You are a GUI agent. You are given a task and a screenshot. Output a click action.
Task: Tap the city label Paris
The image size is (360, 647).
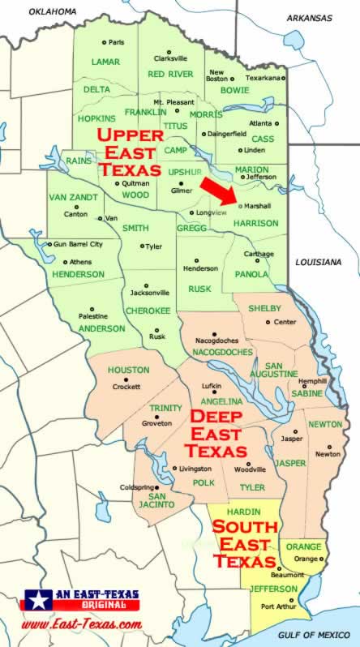tap(117, 42)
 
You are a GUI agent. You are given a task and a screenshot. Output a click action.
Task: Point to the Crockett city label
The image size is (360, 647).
tap(126, 388)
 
